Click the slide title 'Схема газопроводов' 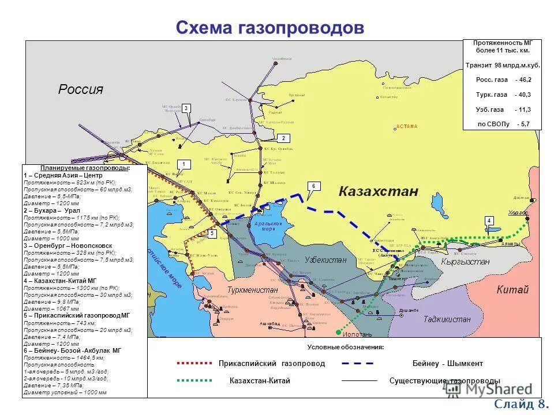click(270, 27)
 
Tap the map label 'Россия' click(80, 89)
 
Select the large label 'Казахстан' click(377, 192)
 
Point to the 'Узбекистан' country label click(325, 260)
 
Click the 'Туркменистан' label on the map click(252, 289)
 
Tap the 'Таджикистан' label click(447, 319)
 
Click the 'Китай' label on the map click(512, 290)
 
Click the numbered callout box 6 click(313, 186)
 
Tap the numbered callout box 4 click(489, 221)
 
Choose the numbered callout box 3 click(186, 108)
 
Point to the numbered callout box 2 click(283, 138)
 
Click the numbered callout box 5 click(212, 233)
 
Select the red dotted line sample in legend click(194, 364)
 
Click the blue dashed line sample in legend click(358, 364)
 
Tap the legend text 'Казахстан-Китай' click(260, 381)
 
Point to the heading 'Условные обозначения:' click(345, 347)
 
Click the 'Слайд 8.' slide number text click(519, 403)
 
